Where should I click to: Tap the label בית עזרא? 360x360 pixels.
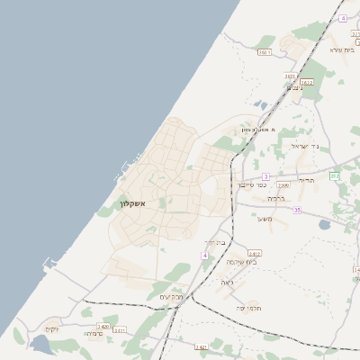(x=343, y=49)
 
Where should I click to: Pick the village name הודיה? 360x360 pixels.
(x=307, y=180)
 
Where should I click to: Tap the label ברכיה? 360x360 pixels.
(x=276, y=198)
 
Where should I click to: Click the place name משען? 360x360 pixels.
(x=265, y=219)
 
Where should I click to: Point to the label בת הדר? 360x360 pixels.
(x=213, y=242)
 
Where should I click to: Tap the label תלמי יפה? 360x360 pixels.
(x=247, y=308)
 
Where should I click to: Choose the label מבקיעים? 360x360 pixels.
(x=172, y=296)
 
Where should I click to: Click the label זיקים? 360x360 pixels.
(x=51, y=328)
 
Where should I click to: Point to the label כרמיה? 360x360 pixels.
(x=94, y=334)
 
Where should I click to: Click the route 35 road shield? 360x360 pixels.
(x=296, y=210)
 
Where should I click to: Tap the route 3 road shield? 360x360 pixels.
(x=265, y=176)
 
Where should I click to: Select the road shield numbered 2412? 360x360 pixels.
(x=255, y=254)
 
